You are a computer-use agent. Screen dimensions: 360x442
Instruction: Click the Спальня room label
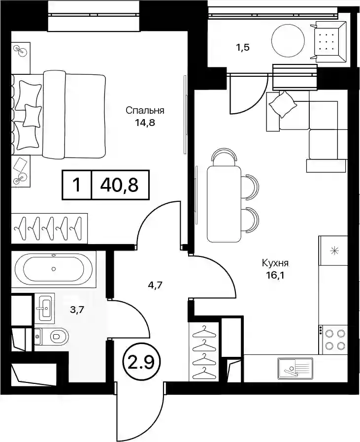click(145, 110)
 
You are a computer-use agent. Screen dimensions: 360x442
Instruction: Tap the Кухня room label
click(275, 263)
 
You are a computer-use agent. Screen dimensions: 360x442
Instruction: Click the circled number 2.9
click(141, 362)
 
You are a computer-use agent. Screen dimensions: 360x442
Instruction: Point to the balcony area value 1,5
click(243, 47)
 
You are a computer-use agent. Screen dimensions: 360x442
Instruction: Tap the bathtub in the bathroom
click(54, 269)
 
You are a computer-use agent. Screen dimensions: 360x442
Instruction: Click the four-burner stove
click(333, 340)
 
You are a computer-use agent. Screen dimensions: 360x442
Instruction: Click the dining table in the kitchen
click(224, 203)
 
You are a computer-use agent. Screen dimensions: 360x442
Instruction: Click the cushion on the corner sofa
click(283, 104)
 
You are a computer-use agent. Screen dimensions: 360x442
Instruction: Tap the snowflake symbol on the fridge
click(335, 251)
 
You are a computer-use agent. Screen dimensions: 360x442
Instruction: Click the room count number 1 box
click(77, 185)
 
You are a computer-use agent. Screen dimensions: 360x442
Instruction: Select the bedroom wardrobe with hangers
click(49, 228)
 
